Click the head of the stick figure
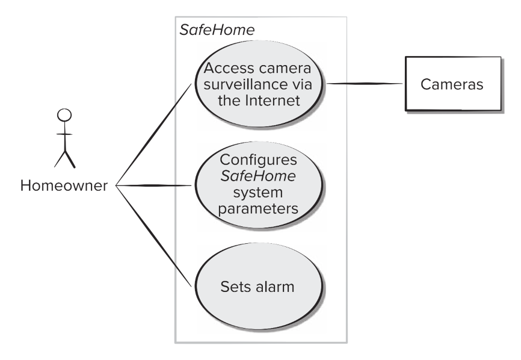64,115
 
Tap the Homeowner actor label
64,185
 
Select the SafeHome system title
217,30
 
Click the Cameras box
453,84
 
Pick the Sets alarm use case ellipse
258,286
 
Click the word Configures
258,160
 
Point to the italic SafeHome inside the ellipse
258,176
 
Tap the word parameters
258,209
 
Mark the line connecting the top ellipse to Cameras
364,84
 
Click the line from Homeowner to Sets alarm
154,235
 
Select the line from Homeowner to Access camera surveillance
154,135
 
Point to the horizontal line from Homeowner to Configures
154,185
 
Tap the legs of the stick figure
65,159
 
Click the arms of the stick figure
64,134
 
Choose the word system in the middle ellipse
258,193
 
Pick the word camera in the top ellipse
285,68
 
